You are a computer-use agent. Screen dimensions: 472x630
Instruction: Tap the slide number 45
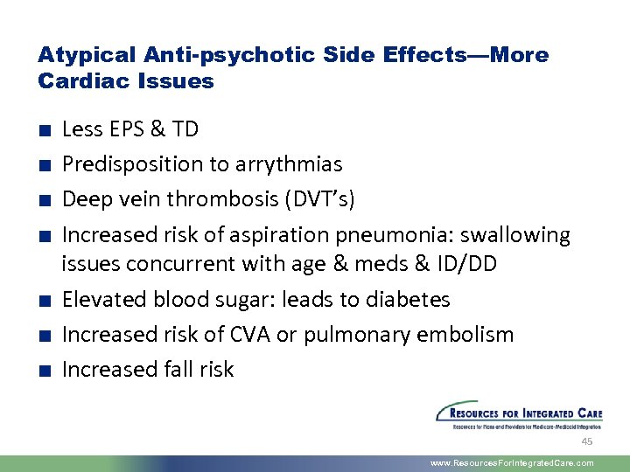click(x=587, y=441)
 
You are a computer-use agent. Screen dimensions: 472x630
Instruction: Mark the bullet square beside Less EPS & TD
click(x=43, y=131)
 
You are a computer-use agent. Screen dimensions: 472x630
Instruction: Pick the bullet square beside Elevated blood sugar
click(x=43, y=301)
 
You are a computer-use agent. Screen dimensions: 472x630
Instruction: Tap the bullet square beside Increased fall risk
click(x=43, y=371)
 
